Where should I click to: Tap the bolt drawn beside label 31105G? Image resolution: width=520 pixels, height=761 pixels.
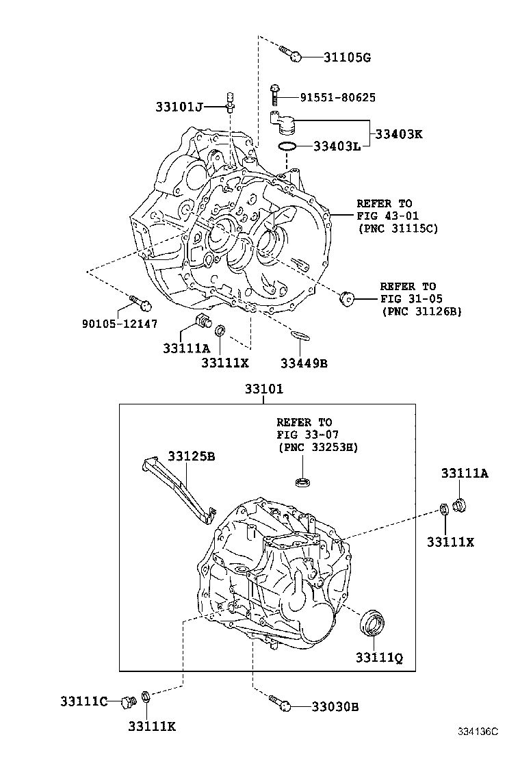coord(290,53)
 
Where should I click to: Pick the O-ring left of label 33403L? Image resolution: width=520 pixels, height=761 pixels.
coord(287,146)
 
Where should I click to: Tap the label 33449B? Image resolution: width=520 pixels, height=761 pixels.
coord(304,363)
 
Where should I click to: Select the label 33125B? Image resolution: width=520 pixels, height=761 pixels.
coord(192,455)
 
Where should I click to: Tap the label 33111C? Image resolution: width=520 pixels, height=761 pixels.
coord(83,701)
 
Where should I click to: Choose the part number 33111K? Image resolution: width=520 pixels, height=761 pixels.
coord(152,726)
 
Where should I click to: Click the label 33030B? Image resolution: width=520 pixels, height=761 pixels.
coord(335,706)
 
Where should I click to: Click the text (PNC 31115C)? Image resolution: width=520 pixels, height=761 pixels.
coord(398,228)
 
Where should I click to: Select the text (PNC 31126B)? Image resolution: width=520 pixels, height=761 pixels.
coord(421,311)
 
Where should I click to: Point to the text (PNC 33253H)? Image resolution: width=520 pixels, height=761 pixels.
coord(317,447)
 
